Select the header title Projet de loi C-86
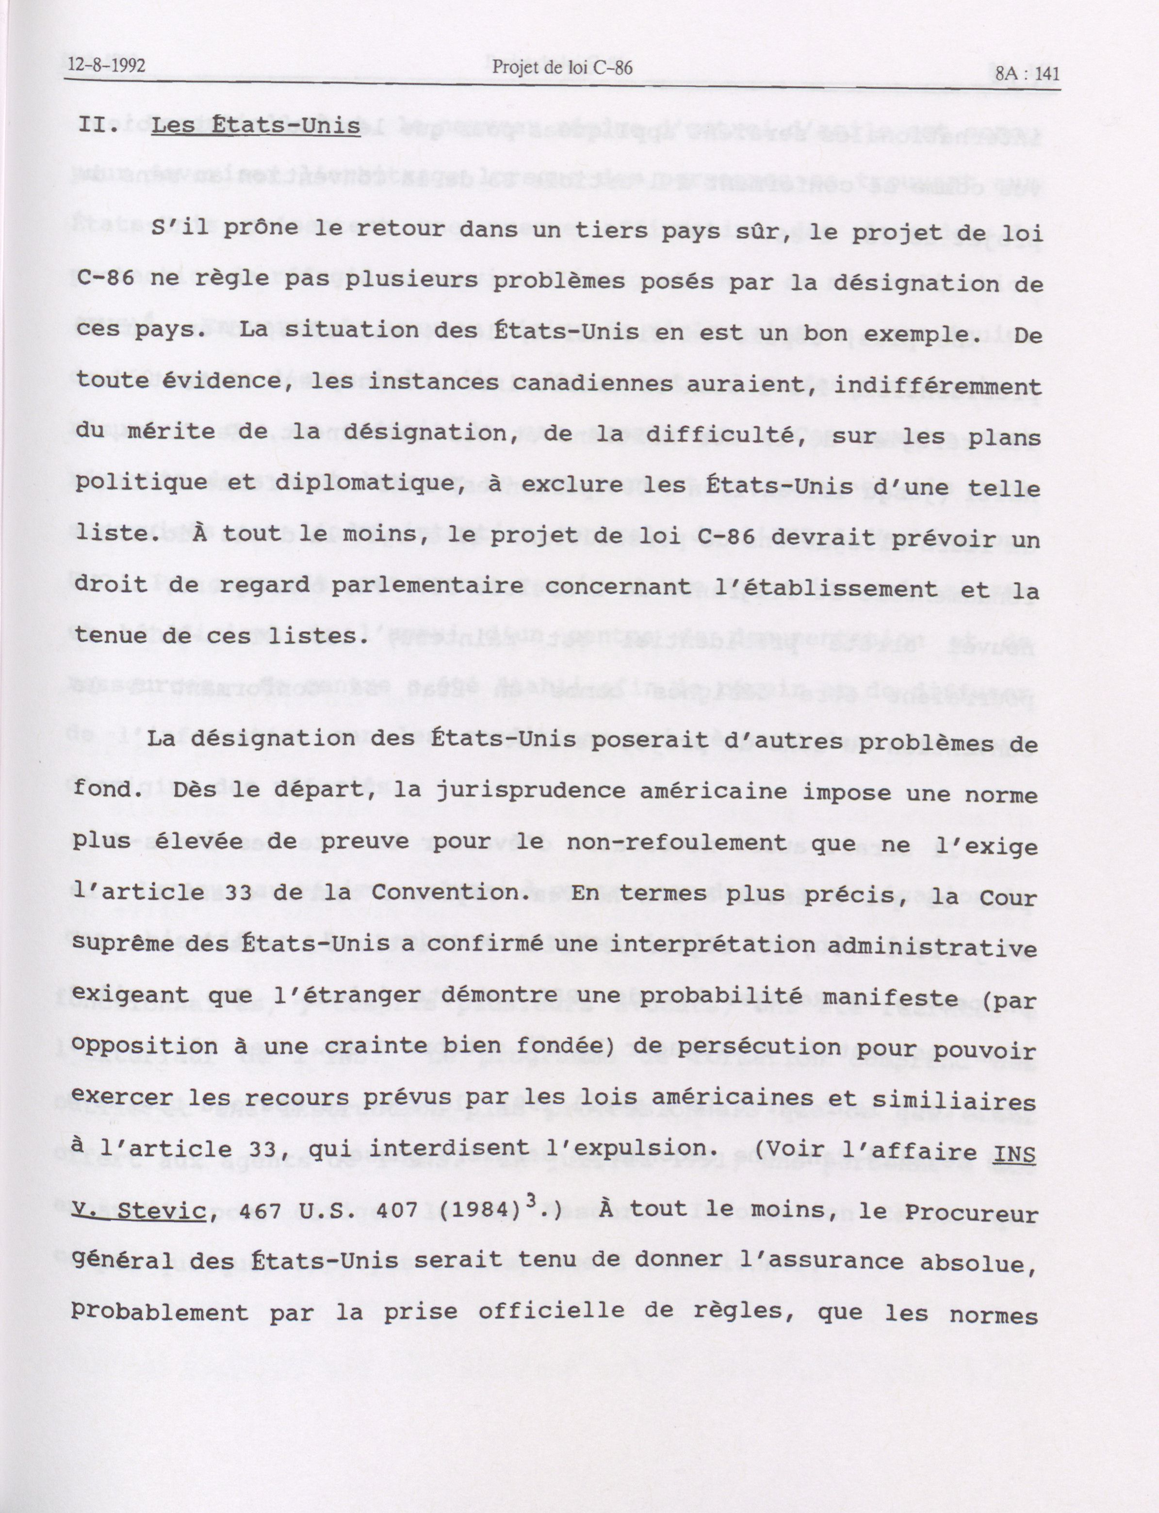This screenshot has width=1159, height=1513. tap(562, 67)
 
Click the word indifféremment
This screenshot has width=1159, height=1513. tap(937, 384)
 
